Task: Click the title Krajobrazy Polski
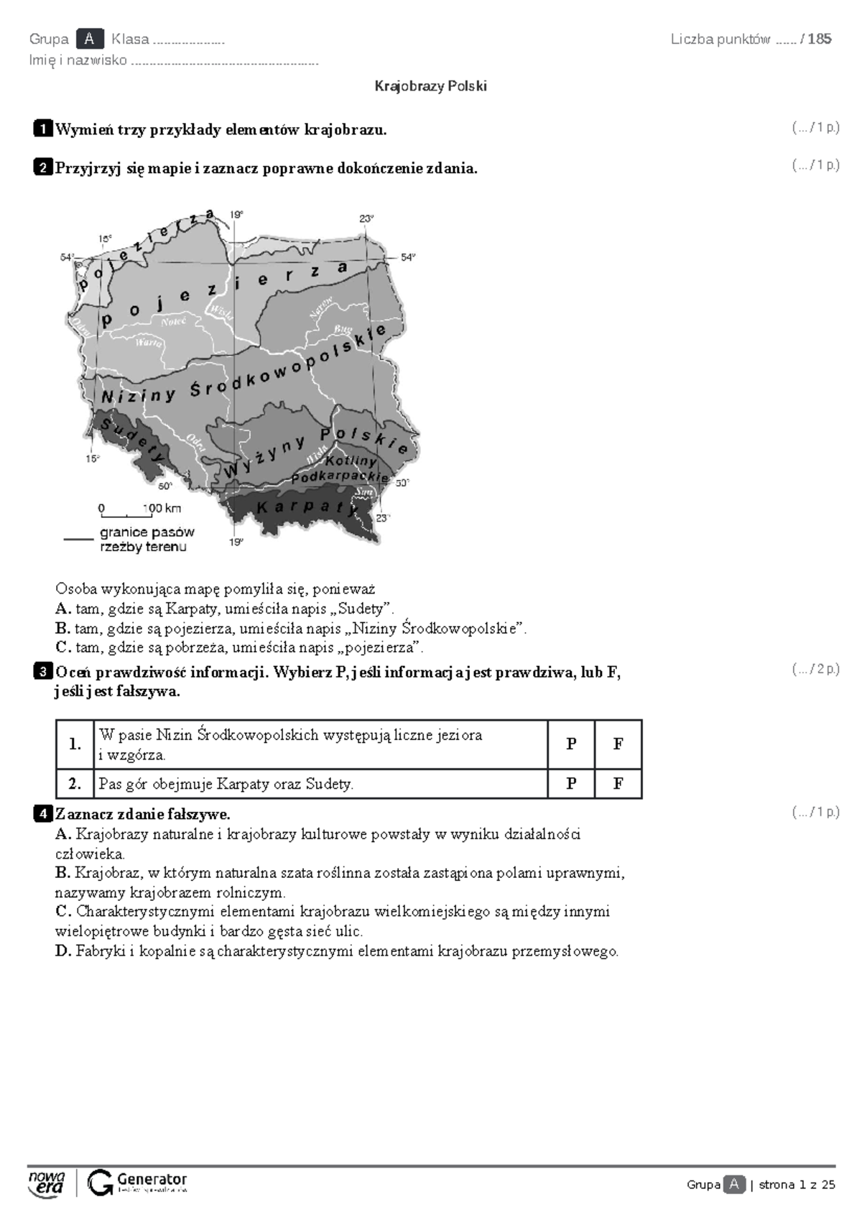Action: pos(430,86)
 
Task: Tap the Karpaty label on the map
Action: pos(305,507)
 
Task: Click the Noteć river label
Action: pos(174,321)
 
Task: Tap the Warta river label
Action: pos(149,343)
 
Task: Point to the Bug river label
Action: pos(343,329)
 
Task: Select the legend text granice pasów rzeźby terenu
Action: pos(147,540)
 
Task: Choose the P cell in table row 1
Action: pos(571,744)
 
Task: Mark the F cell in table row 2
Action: pos(618,784)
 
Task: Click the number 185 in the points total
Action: pos(820,39)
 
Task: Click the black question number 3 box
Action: pos(42,673)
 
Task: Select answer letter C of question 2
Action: pos(62,647)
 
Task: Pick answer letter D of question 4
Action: pos(62,951)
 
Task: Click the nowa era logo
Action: pos(47,1183)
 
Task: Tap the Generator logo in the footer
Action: pos(137,1183)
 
